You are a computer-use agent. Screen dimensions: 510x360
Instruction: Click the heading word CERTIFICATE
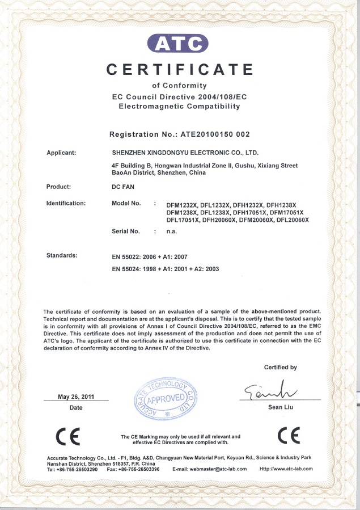click(x=180, y=70)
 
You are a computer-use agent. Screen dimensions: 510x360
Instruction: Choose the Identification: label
click(x=66, y=203)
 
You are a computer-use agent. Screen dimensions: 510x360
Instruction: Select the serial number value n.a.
click(x=171, y=231)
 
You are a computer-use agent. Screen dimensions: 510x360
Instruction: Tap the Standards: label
click(x=62, y=255)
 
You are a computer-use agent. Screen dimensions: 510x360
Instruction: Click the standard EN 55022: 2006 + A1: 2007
click(x=150, y=257)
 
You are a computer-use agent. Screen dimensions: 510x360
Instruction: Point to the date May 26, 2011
click(x=76, y=397)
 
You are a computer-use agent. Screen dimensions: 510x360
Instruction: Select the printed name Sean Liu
click(x=280, y=407)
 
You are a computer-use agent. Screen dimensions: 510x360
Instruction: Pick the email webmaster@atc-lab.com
click(x=210, y=469)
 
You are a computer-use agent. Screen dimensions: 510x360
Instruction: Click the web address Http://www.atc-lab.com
click(x=286, y=469)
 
